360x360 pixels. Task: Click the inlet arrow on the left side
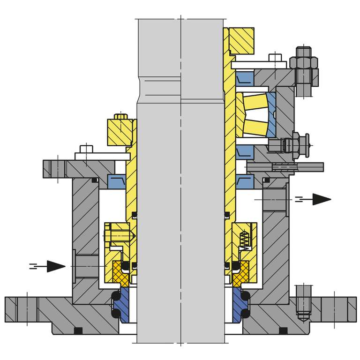coord(55,266)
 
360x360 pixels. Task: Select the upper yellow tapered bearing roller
coord(255,102)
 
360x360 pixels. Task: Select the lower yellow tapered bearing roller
coord(255,127)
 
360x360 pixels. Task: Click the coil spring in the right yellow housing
coord(244,239)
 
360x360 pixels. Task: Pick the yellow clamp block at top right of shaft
coord(241,40)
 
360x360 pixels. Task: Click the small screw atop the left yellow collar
coord(121,115)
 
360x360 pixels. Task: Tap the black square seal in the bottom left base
coord(78,331)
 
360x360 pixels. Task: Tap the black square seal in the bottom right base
coord(283,331)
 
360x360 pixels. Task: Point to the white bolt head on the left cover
coord(86,149)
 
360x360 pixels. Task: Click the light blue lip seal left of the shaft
coord(116,181)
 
